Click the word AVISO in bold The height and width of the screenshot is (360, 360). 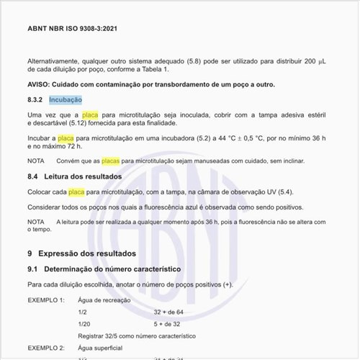click(x=40, y=85)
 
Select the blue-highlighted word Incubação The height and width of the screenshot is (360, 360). click(x=66, y=99)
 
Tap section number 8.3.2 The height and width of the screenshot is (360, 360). click(x=36, y=99)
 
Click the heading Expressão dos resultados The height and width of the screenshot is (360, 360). click(x=91, y=254)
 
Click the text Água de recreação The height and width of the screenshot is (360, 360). click(x=104, y=299)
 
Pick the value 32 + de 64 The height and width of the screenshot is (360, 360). click(x=168, y=312)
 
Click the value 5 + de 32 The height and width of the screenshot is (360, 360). click(x=166, y=324)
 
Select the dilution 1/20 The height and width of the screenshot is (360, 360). click(x=84, y=324)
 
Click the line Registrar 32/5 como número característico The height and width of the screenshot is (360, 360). click(x=137, y=336)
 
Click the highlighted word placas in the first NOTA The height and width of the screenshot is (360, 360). click(x=110, y=161)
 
